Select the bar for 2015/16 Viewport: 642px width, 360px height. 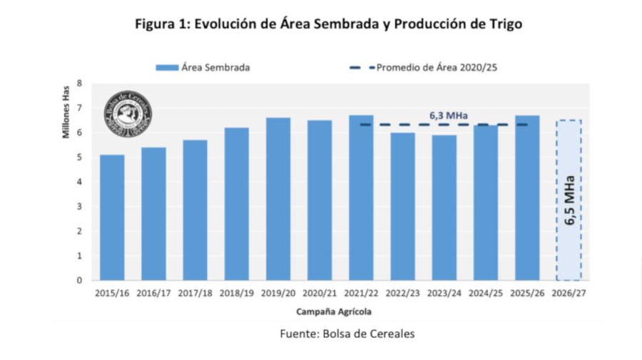[112, 217]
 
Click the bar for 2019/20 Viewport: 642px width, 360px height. [278, 199]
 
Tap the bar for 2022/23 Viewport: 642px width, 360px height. [403, 206]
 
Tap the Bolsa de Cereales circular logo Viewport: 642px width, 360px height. [128, 113]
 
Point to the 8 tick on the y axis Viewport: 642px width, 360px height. [79, 83]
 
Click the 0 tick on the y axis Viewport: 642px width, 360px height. [79, 280]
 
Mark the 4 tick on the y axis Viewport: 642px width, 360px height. [79, 182]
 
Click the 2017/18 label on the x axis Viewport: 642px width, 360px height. [195, 293]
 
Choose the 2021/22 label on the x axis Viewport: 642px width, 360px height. [361, 293]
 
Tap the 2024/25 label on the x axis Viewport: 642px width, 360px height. [486, 293]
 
